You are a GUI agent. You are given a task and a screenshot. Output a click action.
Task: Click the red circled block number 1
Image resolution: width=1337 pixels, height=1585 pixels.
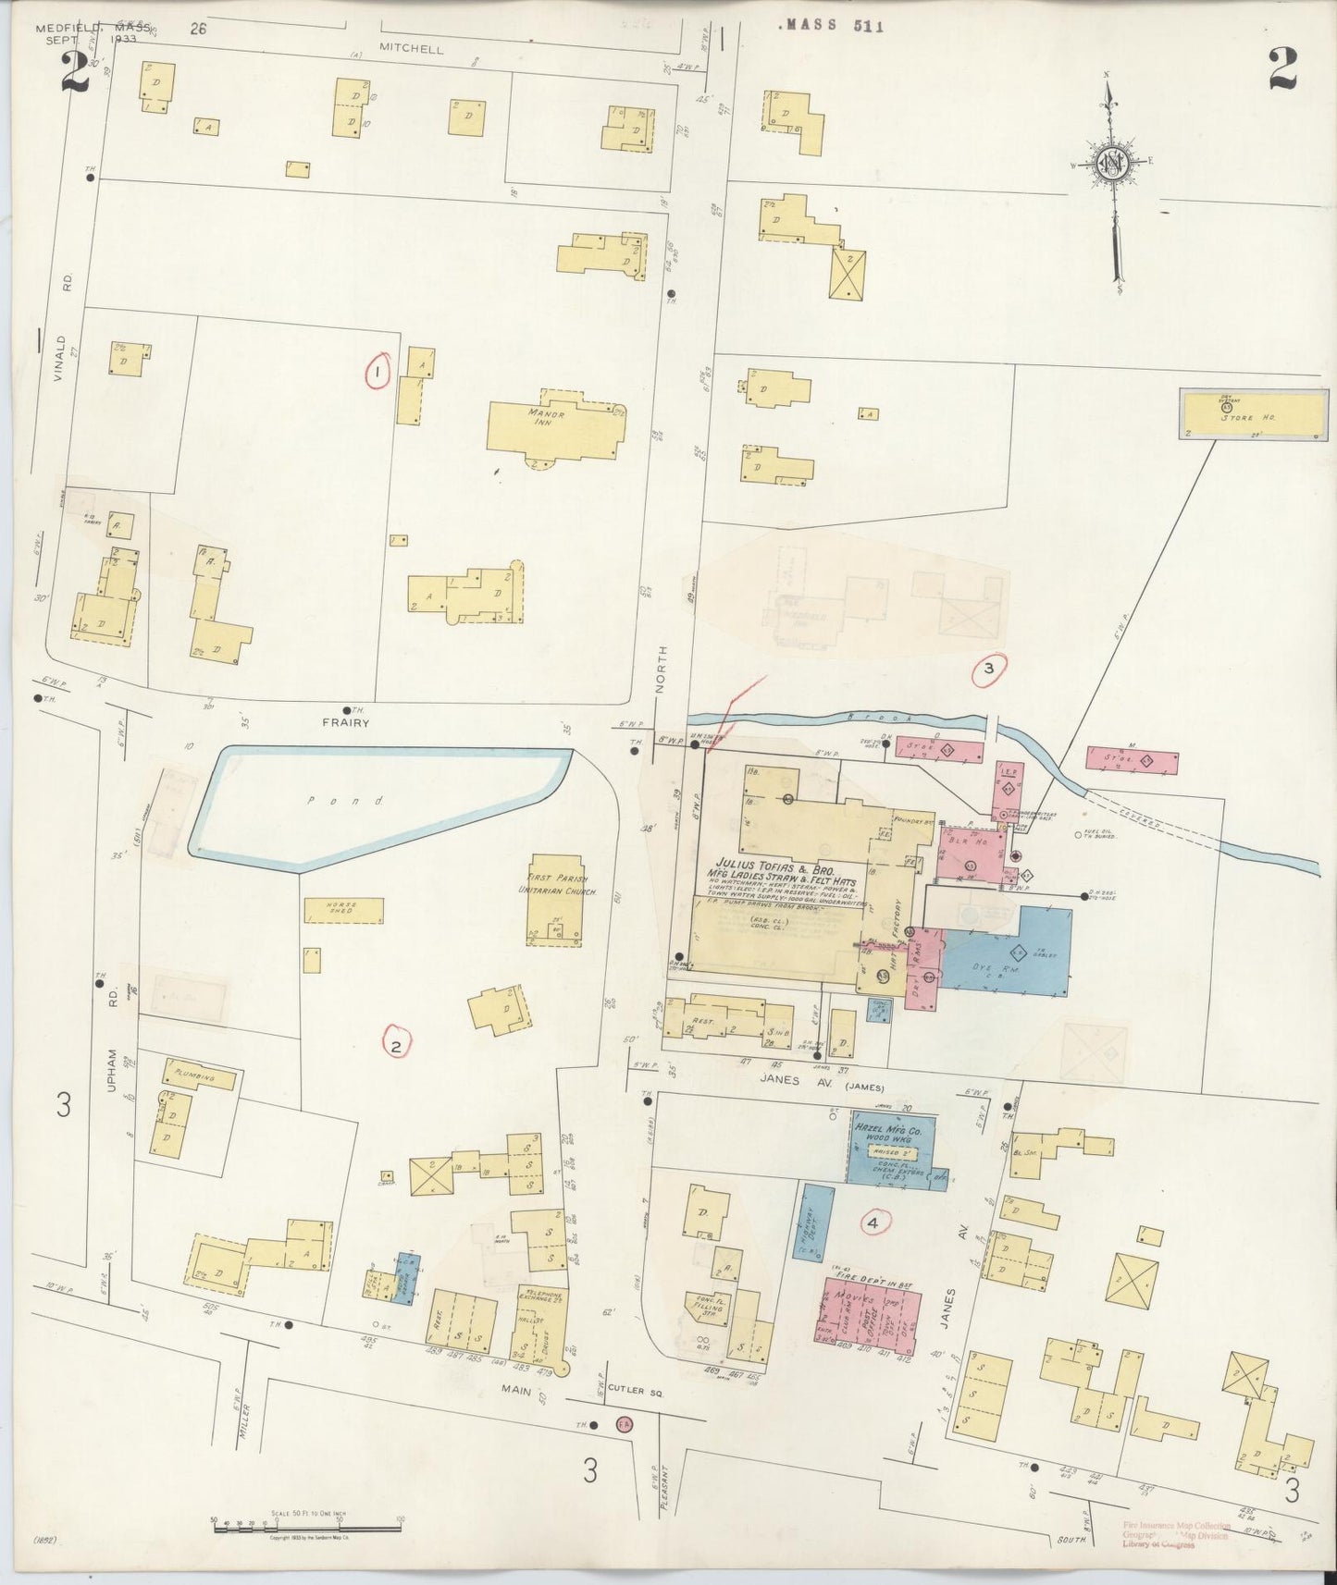click(378, 372)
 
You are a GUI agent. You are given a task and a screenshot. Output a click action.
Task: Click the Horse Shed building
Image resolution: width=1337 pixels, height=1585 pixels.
click(343, 911)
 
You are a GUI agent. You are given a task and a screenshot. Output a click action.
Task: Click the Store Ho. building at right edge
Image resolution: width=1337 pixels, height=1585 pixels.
click(1252, 413)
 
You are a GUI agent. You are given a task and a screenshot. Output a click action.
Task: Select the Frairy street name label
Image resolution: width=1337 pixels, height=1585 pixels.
click(347, 723)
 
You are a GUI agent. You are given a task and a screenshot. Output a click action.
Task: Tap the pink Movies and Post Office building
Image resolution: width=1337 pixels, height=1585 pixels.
click(867, 1309)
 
